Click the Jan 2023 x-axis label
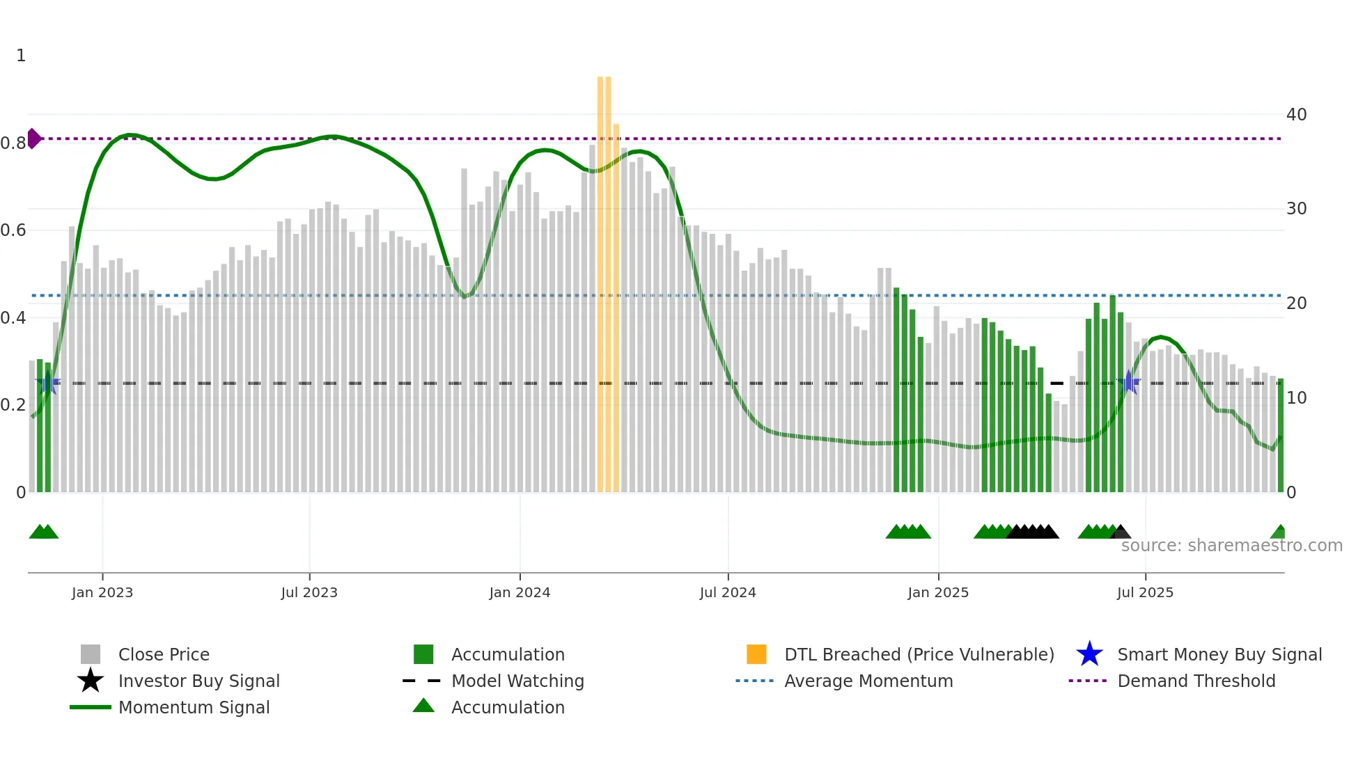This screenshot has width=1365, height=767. [x=102, y=592]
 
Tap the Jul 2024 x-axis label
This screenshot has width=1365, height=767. [x=728, y=592]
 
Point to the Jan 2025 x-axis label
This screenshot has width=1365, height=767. [x=938, y=592]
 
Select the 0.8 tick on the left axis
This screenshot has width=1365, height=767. [x=13, y=143]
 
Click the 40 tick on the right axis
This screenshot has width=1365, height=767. [x=1296, y=115]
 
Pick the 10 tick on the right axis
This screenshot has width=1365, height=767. [x=1296, y=398]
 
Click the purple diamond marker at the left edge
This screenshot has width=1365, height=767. [x=33, y=139]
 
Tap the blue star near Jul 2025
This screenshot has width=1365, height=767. [x=1129, y=383]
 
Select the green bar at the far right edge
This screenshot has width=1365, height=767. [x=1281, y=435]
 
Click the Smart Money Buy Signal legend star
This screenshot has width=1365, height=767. [x=1089, y=654]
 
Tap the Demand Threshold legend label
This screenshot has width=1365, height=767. [x=1196, y=681]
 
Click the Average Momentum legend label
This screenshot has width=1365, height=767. [x=868, y=681]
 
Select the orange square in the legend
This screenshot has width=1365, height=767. [x=756, y=654]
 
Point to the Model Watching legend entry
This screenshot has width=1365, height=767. [x=517, y=681]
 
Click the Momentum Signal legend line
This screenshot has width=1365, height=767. [x=91, y=707]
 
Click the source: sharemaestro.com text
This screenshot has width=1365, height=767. [x=1231, y=546]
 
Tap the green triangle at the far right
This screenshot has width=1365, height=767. [x=1279, y=532]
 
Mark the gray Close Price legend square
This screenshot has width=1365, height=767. [x=91, y=654]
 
